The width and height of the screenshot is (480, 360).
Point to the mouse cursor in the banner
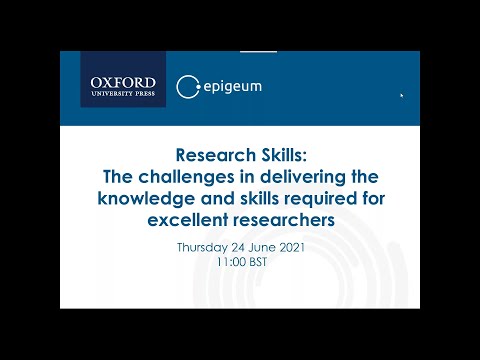point(402,97)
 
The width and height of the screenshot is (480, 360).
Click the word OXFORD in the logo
point(123,80)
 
